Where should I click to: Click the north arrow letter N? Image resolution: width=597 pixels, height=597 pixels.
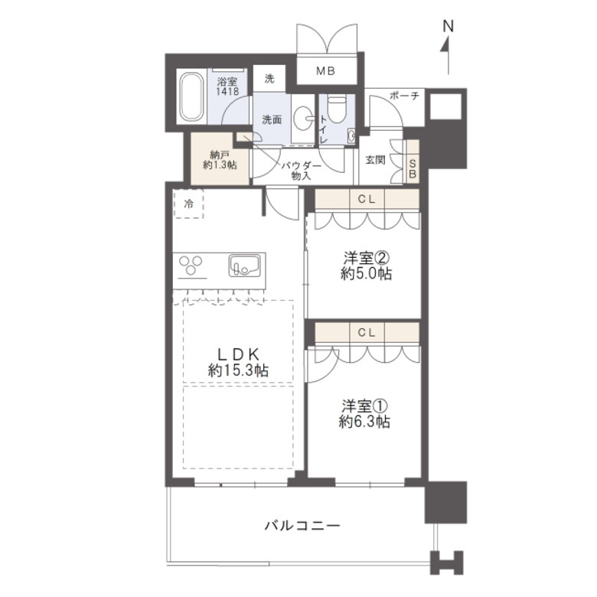(x=449, y=25)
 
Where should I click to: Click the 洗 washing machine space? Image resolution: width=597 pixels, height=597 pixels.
(x=269, y=77)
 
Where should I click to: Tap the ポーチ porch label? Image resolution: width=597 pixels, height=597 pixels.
(x=404, y=96)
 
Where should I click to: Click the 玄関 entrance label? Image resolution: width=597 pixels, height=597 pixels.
(x=375, y=160)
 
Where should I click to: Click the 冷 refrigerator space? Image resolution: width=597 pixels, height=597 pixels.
(x=188, y=204)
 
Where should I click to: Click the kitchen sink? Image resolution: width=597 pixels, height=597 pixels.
(x=245, y=266)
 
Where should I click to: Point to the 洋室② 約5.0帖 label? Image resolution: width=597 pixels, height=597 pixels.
(x=365, y=266)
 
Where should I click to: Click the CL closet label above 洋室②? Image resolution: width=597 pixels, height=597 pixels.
(x=365, y=198)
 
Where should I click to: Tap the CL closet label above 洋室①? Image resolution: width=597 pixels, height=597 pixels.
(x=365, y=332)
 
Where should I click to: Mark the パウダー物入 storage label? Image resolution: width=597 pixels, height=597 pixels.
(x=300, y=170)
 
